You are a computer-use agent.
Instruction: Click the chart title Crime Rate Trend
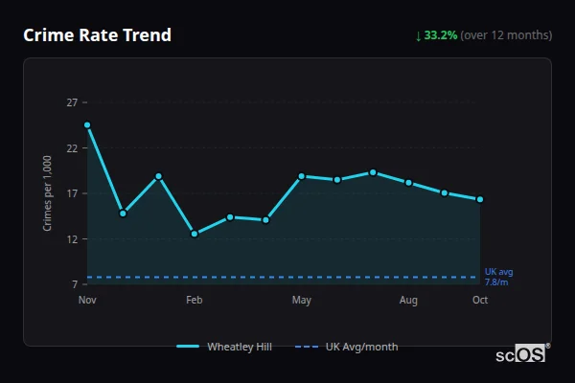tap(98, 35)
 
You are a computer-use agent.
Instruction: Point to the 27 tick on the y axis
tap(72, 102)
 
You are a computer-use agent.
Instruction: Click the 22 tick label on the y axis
tap(72, 148)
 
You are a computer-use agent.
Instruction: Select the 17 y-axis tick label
tap(72, 193)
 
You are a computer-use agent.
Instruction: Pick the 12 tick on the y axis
tap(72, 239)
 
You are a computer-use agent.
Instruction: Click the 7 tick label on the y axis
tap(75, 284)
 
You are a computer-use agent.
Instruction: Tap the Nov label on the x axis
tap(87, 301)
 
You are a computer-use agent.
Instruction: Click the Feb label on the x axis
tap(195, 301)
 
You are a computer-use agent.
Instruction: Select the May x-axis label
tap(302, 301)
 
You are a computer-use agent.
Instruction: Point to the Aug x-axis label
tap(408, 301)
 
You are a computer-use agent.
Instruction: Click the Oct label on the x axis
tap(480, 301)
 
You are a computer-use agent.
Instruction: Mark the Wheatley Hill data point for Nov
tap(87, 125)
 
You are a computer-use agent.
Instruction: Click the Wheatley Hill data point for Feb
tap(195, 234)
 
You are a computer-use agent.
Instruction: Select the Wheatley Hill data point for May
tap(302, 176)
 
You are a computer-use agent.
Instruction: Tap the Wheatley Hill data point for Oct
tap(480, 199)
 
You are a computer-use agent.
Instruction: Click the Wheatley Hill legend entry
tap(225, 347)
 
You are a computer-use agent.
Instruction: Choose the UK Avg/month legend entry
tap(347, 347)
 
